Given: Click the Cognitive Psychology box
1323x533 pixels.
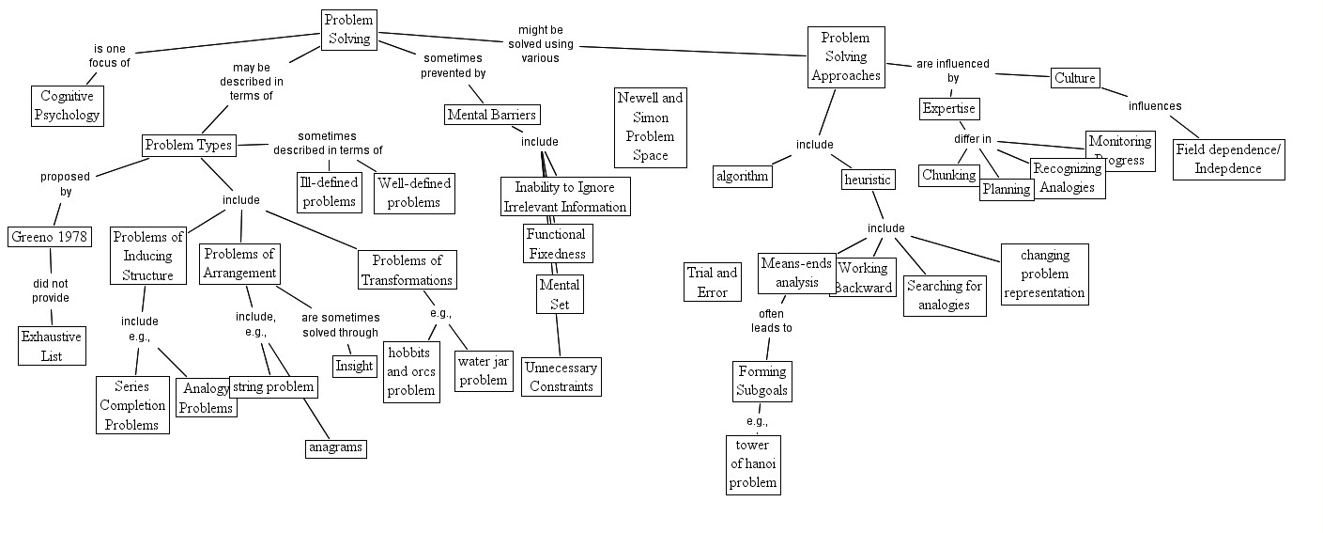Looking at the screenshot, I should [x=67, y=105].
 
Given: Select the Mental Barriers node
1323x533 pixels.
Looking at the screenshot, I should [x=492, y=115].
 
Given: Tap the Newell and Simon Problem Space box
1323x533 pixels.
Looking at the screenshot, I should [x=650, y=126].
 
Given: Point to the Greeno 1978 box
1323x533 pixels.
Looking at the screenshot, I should [x=50, y=236].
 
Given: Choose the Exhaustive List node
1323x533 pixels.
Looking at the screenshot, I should [x=53, y=346].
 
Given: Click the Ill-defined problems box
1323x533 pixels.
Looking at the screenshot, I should [x=329, y=192].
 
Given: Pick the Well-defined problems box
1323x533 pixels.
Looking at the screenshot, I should [x=414, y=192].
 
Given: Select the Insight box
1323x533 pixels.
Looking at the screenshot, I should [x=354, y=366].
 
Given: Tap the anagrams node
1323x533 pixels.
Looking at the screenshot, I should [x=335, y=447].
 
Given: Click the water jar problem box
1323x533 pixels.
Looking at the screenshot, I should [x=484, y=370].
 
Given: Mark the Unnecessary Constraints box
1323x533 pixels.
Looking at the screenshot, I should [x=561, y=377].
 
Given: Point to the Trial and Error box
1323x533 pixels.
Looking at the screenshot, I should [x=713, y=282].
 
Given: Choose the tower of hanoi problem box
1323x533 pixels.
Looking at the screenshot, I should [x=753, y=463].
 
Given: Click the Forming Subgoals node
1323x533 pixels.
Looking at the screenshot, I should [x=761, y=381].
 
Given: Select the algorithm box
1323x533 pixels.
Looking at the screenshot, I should [x=743, y=176].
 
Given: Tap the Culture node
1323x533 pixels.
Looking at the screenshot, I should [x=1074, y=78].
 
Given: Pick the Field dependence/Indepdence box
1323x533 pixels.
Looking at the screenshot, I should [x=1228, y=160].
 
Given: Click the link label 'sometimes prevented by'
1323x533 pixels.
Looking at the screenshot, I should [x=453, y=66].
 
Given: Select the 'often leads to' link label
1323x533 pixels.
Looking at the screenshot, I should [x=771, y=321].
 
